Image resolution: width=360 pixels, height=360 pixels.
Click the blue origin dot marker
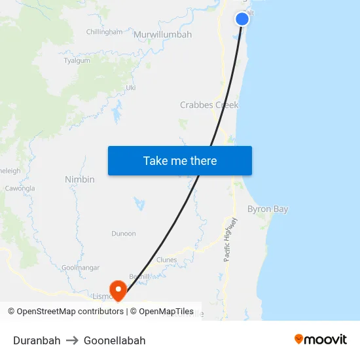[242, 19]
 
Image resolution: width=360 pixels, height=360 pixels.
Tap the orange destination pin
[118, 289]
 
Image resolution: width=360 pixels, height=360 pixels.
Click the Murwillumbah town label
[162, 34]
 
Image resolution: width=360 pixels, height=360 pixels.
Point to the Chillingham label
[104, 31]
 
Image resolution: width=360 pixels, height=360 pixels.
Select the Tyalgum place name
[77, 60]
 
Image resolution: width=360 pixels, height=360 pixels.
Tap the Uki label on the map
[130, 87]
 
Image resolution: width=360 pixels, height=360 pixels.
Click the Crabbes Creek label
[209, 105]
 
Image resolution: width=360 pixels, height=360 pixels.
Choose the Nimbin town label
[80, 179]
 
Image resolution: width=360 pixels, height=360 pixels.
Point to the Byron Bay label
[268, 209]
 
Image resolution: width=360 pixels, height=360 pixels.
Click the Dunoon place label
[124, 233]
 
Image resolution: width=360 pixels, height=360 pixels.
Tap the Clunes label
[167, 260]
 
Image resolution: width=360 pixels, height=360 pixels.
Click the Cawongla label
[20, 188]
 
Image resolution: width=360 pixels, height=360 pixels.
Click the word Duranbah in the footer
[37, 340]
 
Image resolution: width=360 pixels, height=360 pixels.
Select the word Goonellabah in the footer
[115, 340]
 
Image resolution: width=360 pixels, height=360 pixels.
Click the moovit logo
[320, 339]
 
